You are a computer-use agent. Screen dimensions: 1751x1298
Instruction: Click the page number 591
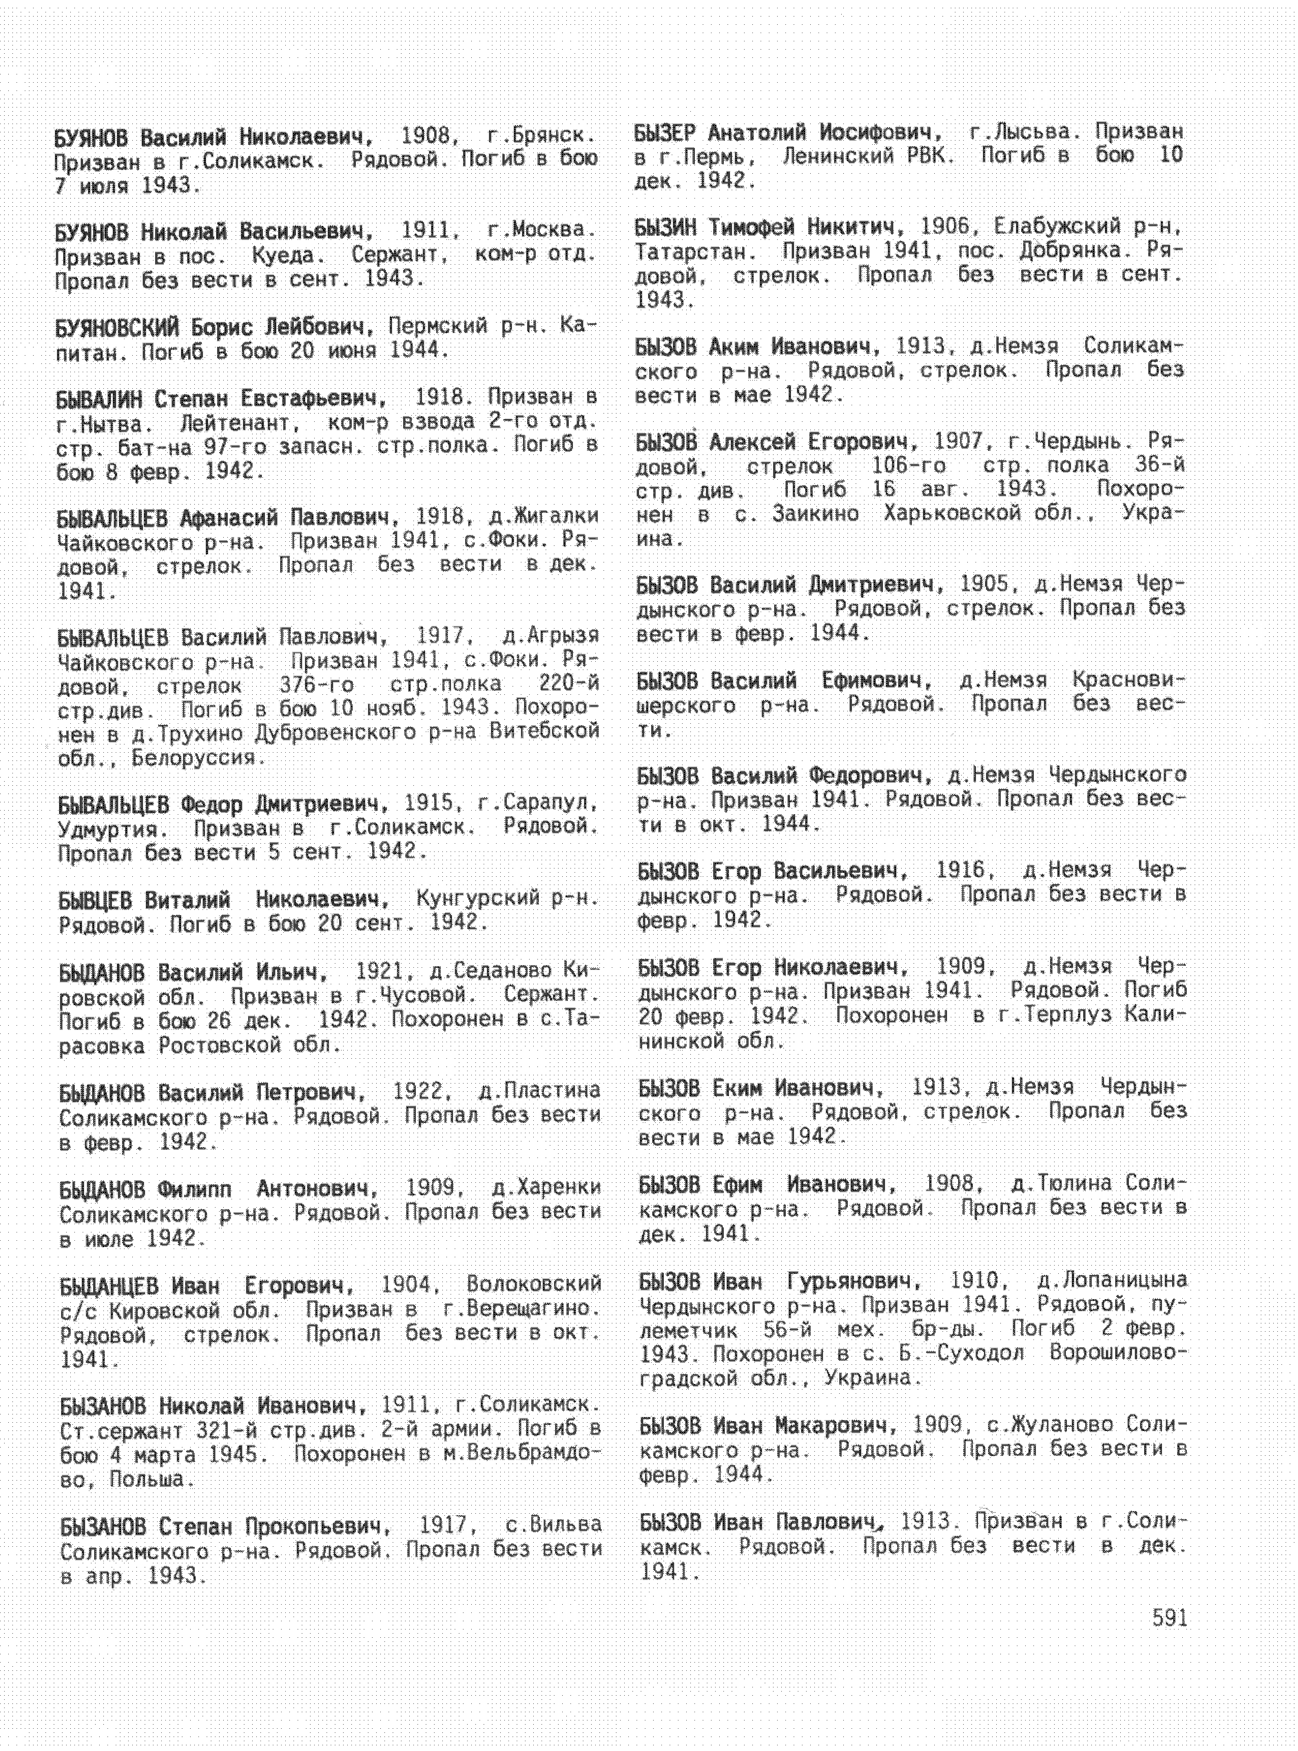[x=1169, y=1618]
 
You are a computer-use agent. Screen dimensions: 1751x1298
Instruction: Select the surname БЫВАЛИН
[x=99, y=399]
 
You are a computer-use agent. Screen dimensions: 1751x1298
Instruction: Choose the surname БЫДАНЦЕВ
[x=110, y=1286]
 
